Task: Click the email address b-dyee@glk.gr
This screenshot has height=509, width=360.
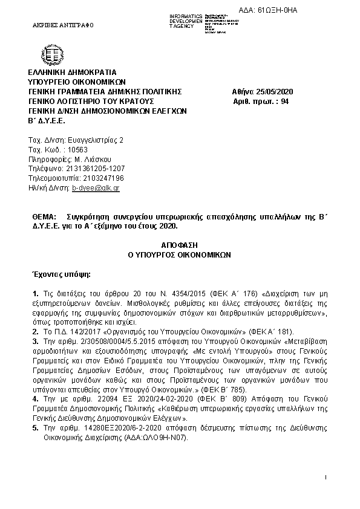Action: tap(96, 188)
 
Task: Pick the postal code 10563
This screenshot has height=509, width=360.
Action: tap(78, 149)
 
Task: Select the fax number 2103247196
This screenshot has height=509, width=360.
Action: tap(97, 178)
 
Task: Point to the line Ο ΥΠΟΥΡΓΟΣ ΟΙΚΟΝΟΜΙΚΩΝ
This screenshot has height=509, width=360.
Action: tap(180, 255)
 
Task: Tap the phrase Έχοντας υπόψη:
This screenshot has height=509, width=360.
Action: tap(56, 274)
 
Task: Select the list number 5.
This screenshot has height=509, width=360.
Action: tap(35, 427)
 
